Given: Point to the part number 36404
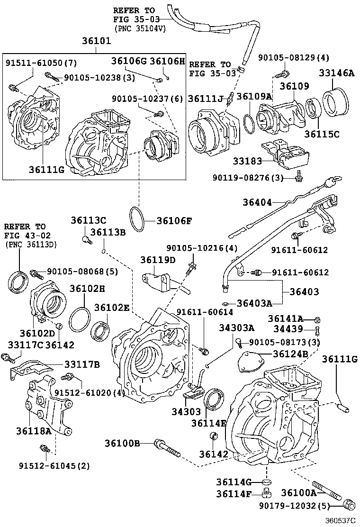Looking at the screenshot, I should coord(258,202).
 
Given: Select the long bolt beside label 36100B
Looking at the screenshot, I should coord(167,447).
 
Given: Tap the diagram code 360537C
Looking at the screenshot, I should coord(339,520).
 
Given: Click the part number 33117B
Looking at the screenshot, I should coord(82,364).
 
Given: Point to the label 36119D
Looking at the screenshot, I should coord(158,260).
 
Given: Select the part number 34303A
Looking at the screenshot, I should coord(236,327).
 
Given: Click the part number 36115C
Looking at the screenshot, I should coord(322,134).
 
